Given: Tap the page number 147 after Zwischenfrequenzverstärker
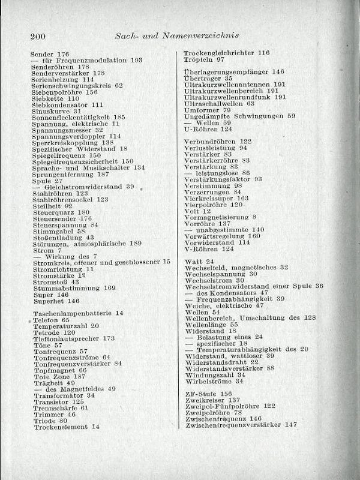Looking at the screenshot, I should [x=291, y=425].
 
